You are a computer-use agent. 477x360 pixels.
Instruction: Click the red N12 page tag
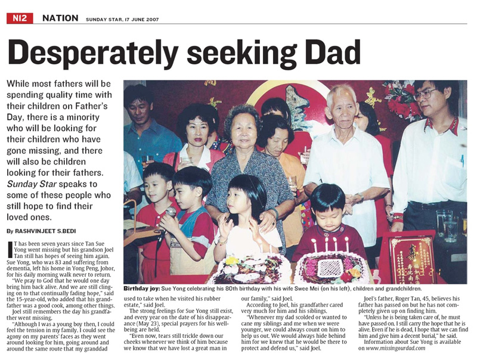coord(18,18)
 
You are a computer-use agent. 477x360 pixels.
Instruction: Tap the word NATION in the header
coord(60,18)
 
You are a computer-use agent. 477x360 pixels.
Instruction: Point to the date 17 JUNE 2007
coord(145,19)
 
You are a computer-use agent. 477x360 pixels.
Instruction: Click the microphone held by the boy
coord(170,213)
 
